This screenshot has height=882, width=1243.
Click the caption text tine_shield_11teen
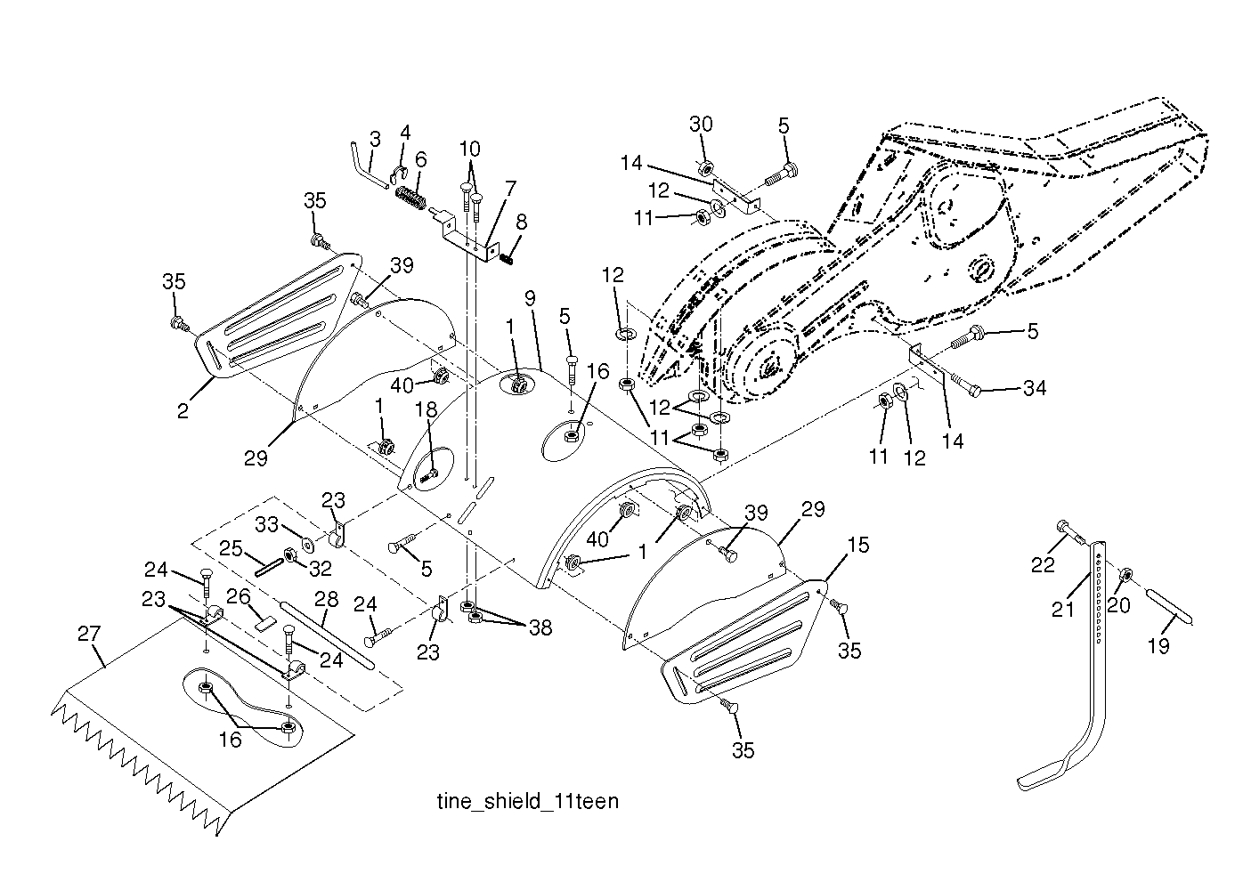click(528, 802)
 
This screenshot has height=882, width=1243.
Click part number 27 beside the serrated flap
click(89, 634)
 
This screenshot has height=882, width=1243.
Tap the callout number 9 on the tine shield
click(530, 298)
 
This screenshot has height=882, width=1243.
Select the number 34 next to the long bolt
click(1035, 388)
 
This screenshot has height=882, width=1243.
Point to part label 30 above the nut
click(701, 125)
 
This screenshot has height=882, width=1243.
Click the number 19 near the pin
click(1158, 645)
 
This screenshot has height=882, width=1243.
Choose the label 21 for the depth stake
click(1062, 610)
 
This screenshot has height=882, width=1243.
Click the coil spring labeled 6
click(411, 197)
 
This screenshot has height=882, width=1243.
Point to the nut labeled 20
click(1126, 575)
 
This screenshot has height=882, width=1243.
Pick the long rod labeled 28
click(328, 634)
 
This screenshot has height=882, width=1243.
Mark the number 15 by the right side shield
click(857, 545)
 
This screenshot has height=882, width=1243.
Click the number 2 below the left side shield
click(183, 411)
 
